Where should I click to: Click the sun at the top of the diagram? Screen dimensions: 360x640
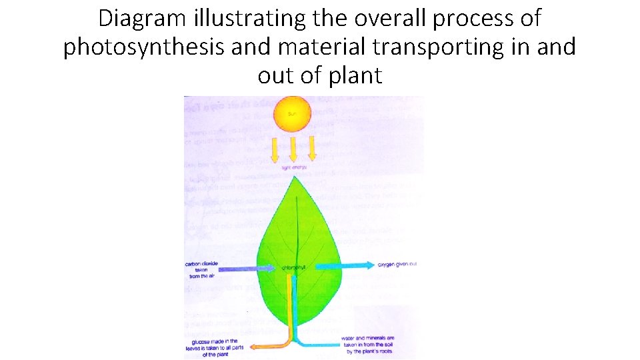pyautogui.click(x=293, y=114)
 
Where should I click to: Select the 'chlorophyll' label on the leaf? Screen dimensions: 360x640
pyautogui.click(x=294, y=267)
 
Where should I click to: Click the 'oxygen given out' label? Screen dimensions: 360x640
pyautogui.click(x=397, y=265)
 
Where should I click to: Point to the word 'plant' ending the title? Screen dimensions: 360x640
pyautogui.click(x=355, y=75)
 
